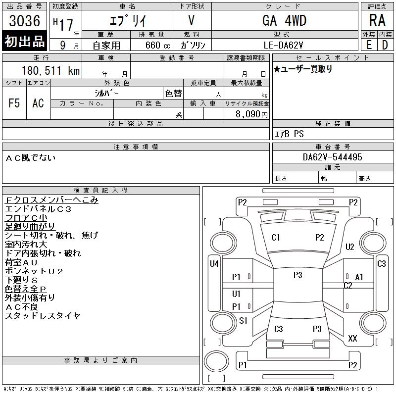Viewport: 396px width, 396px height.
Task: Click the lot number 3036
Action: click(25, 21)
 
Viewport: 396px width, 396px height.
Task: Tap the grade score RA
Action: click(377, 21)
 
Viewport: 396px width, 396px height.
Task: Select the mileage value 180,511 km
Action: click(50, 71)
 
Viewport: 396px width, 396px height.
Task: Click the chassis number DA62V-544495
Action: click(332, 157)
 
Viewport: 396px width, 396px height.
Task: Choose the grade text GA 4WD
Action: click(284, 20)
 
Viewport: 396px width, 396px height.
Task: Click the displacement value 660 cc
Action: click(151, 45)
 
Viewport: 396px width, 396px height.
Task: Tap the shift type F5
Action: click(14, 103)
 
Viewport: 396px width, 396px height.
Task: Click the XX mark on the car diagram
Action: click(352, 339)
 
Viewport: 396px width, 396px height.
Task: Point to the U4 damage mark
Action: click(214, 264)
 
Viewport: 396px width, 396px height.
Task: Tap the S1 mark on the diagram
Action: click(243, 321)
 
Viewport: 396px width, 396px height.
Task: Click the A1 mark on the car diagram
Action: click(359, 277)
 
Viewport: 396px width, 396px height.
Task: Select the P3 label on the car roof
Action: click(297, 275)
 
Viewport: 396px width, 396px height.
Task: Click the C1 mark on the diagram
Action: click(276, 238)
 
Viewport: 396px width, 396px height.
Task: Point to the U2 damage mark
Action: click(350, 247)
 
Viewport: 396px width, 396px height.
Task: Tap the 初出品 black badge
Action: click(25, 42)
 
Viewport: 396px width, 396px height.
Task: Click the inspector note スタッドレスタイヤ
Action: click(43, 316)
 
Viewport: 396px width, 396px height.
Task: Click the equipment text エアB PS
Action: click(290, 134)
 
